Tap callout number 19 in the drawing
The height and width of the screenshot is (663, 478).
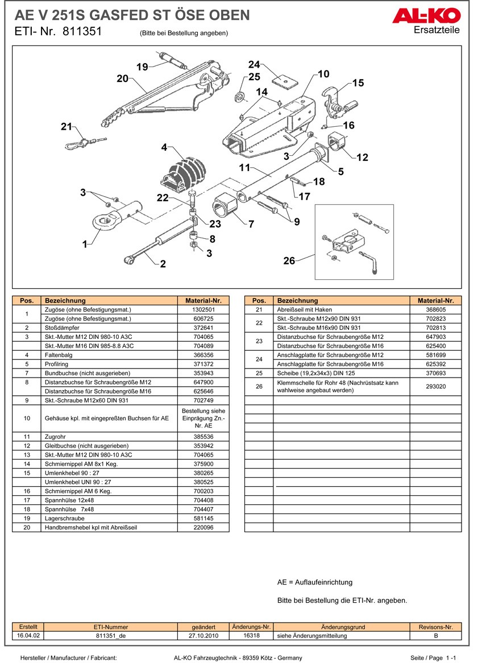tap(142, 67)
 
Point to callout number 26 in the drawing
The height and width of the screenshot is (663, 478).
tap(289, 260)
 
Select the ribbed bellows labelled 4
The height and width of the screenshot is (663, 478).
tap(184, 171)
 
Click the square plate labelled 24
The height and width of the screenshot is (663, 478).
tap(284, 80)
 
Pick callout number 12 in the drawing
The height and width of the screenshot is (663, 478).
tap(362, 158)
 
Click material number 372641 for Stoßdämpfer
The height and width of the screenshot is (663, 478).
tap(203, 328)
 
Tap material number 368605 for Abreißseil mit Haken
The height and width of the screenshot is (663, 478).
tap(435, 310)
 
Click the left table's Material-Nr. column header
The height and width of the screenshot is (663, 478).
tap(203, 300)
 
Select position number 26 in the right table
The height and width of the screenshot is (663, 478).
tap(259, 387)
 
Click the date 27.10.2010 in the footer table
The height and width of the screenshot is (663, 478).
tap(203, 636)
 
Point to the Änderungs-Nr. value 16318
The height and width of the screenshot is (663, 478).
tap(251, 636)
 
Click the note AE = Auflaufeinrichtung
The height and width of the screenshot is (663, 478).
tap(315, 582)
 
